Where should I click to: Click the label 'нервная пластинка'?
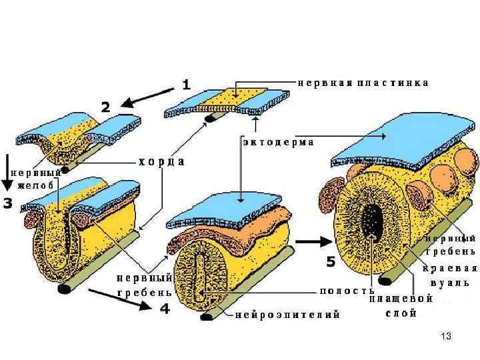coord(362,83)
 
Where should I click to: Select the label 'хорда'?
coord(161,161)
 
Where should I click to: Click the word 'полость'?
coord(346,291)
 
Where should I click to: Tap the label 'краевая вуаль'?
coord(451,275)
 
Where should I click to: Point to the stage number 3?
coord(9,203)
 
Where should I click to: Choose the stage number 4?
coord(165,309)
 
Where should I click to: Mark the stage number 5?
coord(330,262)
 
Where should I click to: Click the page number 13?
coord(447,337)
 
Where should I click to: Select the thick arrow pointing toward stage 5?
coord(311,241)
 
